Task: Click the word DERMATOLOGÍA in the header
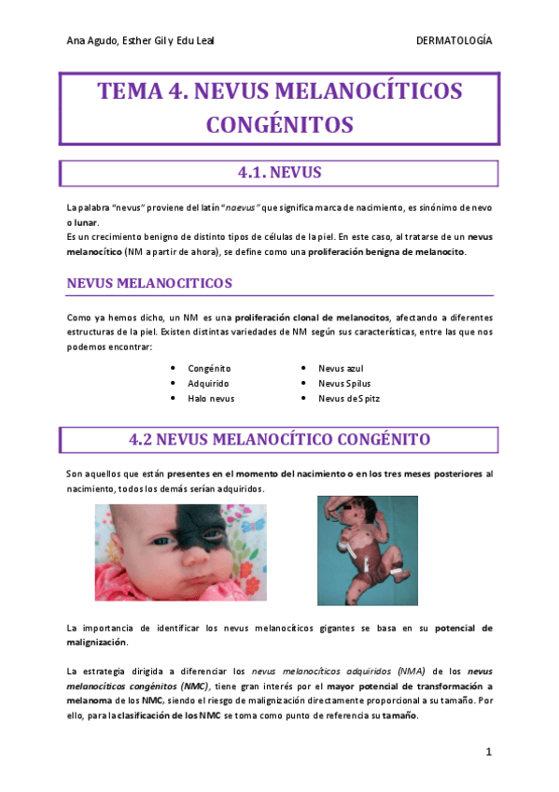454,41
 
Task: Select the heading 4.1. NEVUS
279,173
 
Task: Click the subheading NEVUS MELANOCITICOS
149,282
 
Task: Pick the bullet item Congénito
209,369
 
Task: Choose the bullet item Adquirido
210,384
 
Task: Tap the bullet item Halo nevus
211,399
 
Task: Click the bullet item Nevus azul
341,369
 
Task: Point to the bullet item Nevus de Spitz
349,399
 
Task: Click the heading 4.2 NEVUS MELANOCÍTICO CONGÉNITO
279,439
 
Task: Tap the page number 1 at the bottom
487,752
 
